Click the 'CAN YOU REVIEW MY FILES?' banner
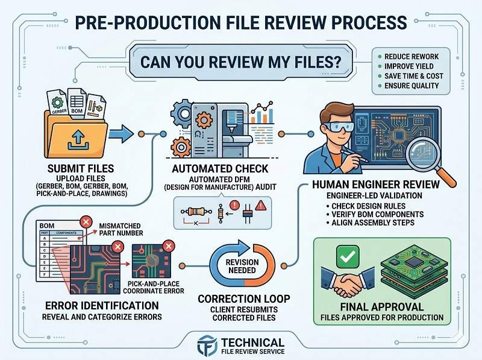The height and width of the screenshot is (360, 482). click(x=240, y=62)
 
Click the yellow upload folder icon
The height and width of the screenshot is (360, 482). click(x=75, y=133)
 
